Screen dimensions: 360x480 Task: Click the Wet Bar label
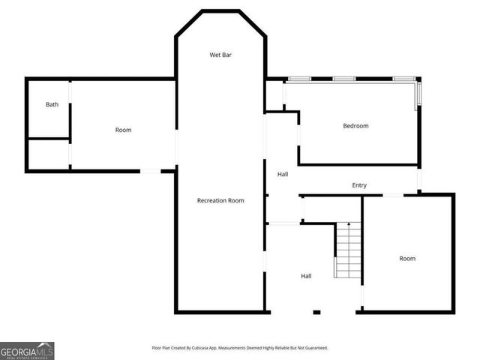220,55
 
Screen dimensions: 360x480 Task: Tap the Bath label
52,104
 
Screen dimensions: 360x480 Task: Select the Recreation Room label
220,200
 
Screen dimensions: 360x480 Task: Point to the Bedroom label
355,126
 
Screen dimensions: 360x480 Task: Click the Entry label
359,185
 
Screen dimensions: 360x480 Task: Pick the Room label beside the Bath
123,130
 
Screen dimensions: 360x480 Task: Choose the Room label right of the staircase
406,259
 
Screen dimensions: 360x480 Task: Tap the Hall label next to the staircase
306,276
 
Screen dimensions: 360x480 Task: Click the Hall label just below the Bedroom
283,174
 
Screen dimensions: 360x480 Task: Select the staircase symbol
348,251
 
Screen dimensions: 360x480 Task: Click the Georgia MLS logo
27,350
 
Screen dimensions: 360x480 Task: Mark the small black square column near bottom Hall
316,311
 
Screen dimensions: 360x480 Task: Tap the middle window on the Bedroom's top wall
343,79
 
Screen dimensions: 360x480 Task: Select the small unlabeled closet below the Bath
48,154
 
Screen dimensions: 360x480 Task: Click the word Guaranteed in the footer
313,348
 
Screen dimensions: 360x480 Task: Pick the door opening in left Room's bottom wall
151,172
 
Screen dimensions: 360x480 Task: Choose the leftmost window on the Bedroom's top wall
300,79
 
